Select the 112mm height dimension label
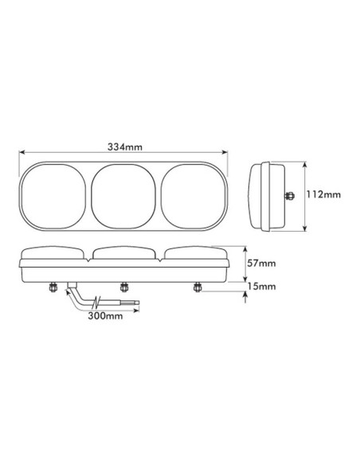323,194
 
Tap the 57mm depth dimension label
261,264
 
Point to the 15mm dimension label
261,286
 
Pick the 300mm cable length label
104,316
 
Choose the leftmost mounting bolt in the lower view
54,287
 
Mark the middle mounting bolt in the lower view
124,287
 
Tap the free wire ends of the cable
135,303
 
